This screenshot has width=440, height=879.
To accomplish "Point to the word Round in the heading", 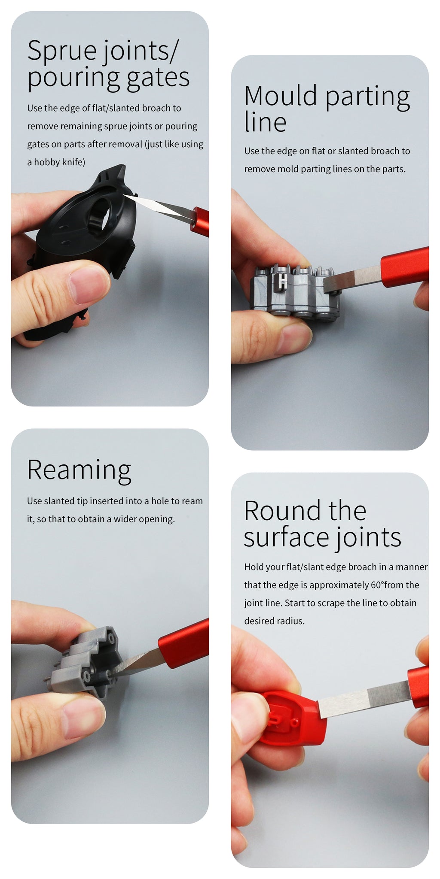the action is coord(283,511).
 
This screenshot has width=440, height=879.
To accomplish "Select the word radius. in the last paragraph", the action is coord(274,621).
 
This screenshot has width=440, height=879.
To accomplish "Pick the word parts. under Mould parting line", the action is coord(394,170).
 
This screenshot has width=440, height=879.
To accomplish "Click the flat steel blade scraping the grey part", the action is coord(352,279).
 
